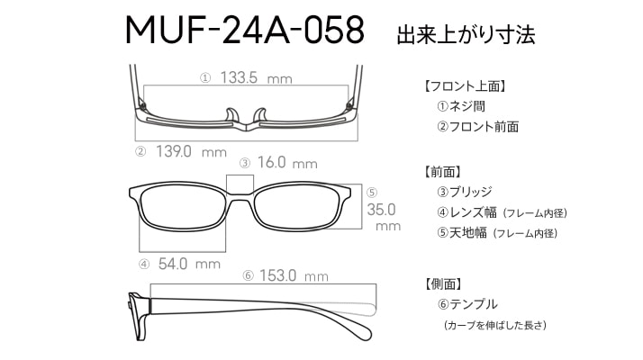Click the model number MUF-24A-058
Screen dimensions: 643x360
pyautogui.click(x=245, y=30)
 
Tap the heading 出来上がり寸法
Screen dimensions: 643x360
pyautogui.click(x=466, y=34)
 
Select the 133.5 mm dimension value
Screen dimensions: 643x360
pyautogui.click(x=257, y=77)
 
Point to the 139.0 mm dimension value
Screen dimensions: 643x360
pyautogui.click(x=191, y=152)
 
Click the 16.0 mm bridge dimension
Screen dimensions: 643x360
pyautogui.click(x=287, y=162)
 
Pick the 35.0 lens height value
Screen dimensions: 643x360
pyautogui.click(x=381, y=210)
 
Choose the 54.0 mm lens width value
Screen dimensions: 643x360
pyautogui.click(x=189, y=264)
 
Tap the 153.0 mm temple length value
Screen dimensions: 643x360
pyautogui.click(x=294, y=275)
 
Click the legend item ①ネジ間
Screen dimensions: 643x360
pyautogui.click(x=461, y=106)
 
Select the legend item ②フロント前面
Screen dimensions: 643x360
pyautogui.click(x=477, y=127)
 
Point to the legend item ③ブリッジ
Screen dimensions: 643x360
pyautogui.click(x=464, y=192)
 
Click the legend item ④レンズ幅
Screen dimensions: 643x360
pyautogui.click(x=466, y=212)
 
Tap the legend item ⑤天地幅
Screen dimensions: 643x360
pyautogui.click(x=462, y=233)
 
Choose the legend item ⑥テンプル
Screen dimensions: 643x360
pyautogui.click(x=467, y=304)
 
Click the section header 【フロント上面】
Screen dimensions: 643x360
pyautogui.click(x=465, y=86)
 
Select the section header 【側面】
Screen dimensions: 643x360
pyautogui.click(x=444, y=283)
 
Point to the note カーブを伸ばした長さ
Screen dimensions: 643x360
pyautogui.click(x=495, y=326)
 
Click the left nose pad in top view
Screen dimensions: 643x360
pyautogui.click(x=231, y=115)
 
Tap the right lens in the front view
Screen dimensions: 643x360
pyautogui.click(x=296, y=208)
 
